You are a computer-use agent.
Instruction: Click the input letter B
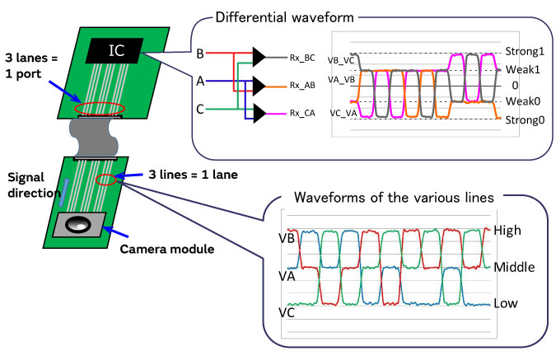tap(200, 54)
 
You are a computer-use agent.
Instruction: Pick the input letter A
tap(200, 81)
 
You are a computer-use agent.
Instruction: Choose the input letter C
tap(200, 107)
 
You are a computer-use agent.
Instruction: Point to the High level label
tap(508, 232)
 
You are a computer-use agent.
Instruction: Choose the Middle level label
tap(514, 268)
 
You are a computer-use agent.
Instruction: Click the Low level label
tap(506, 303)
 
